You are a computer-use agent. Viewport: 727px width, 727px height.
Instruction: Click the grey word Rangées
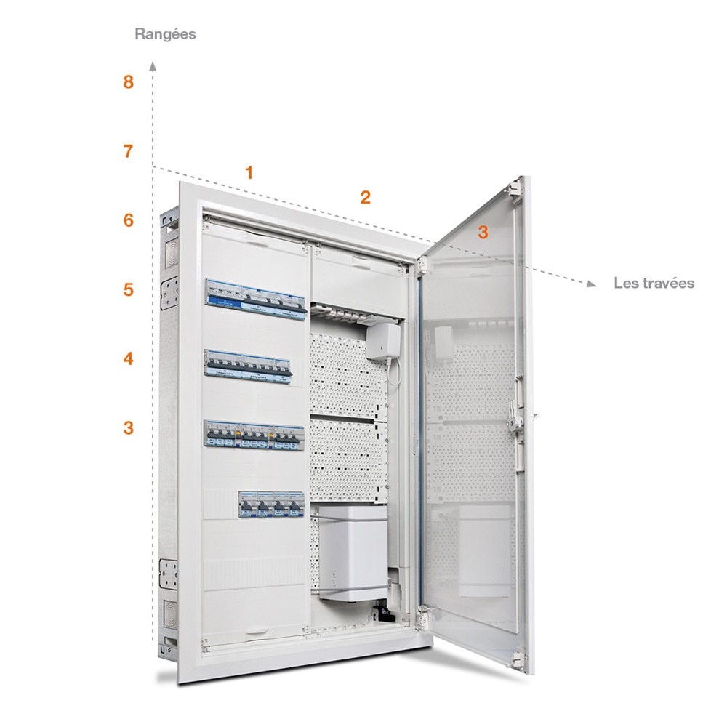(x=166, y=34)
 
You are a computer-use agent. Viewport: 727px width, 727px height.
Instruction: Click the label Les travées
(x=654, y=283)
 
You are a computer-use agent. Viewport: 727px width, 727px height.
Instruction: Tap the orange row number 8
(x=129, y=83)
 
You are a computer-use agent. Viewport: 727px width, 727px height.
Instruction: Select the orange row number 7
(x=129, y=152)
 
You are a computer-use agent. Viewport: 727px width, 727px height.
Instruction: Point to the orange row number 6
(x=129, y=220)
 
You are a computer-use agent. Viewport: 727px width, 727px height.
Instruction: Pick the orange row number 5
(x=129, y=289)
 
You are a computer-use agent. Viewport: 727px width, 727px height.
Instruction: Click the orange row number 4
(x=129, y=358)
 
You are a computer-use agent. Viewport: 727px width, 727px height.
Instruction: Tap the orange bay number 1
(x=249, y=173)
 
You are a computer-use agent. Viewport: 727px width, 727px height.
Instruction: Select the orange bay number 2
(x=366, y=197)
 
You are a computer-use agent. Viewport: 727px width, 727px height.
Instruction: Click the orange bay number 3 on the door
(x=483, y=233)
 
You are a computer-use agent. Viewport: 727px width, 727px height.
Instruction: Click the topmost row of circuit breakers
(x=255, y=299)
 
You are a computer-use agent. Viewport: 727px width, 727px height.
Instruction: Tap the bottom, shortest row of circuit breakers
(x=271, y=505)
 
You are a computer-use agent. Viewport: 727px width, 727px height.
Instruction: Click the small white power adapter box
(x=383, y=341)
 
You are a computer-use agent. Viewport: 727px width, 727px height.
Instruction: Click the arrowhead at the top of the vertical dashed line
(x=153, y=65)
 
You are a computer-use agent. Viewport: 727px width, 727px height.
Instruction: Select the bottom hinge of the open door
(x=518, y=660)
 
